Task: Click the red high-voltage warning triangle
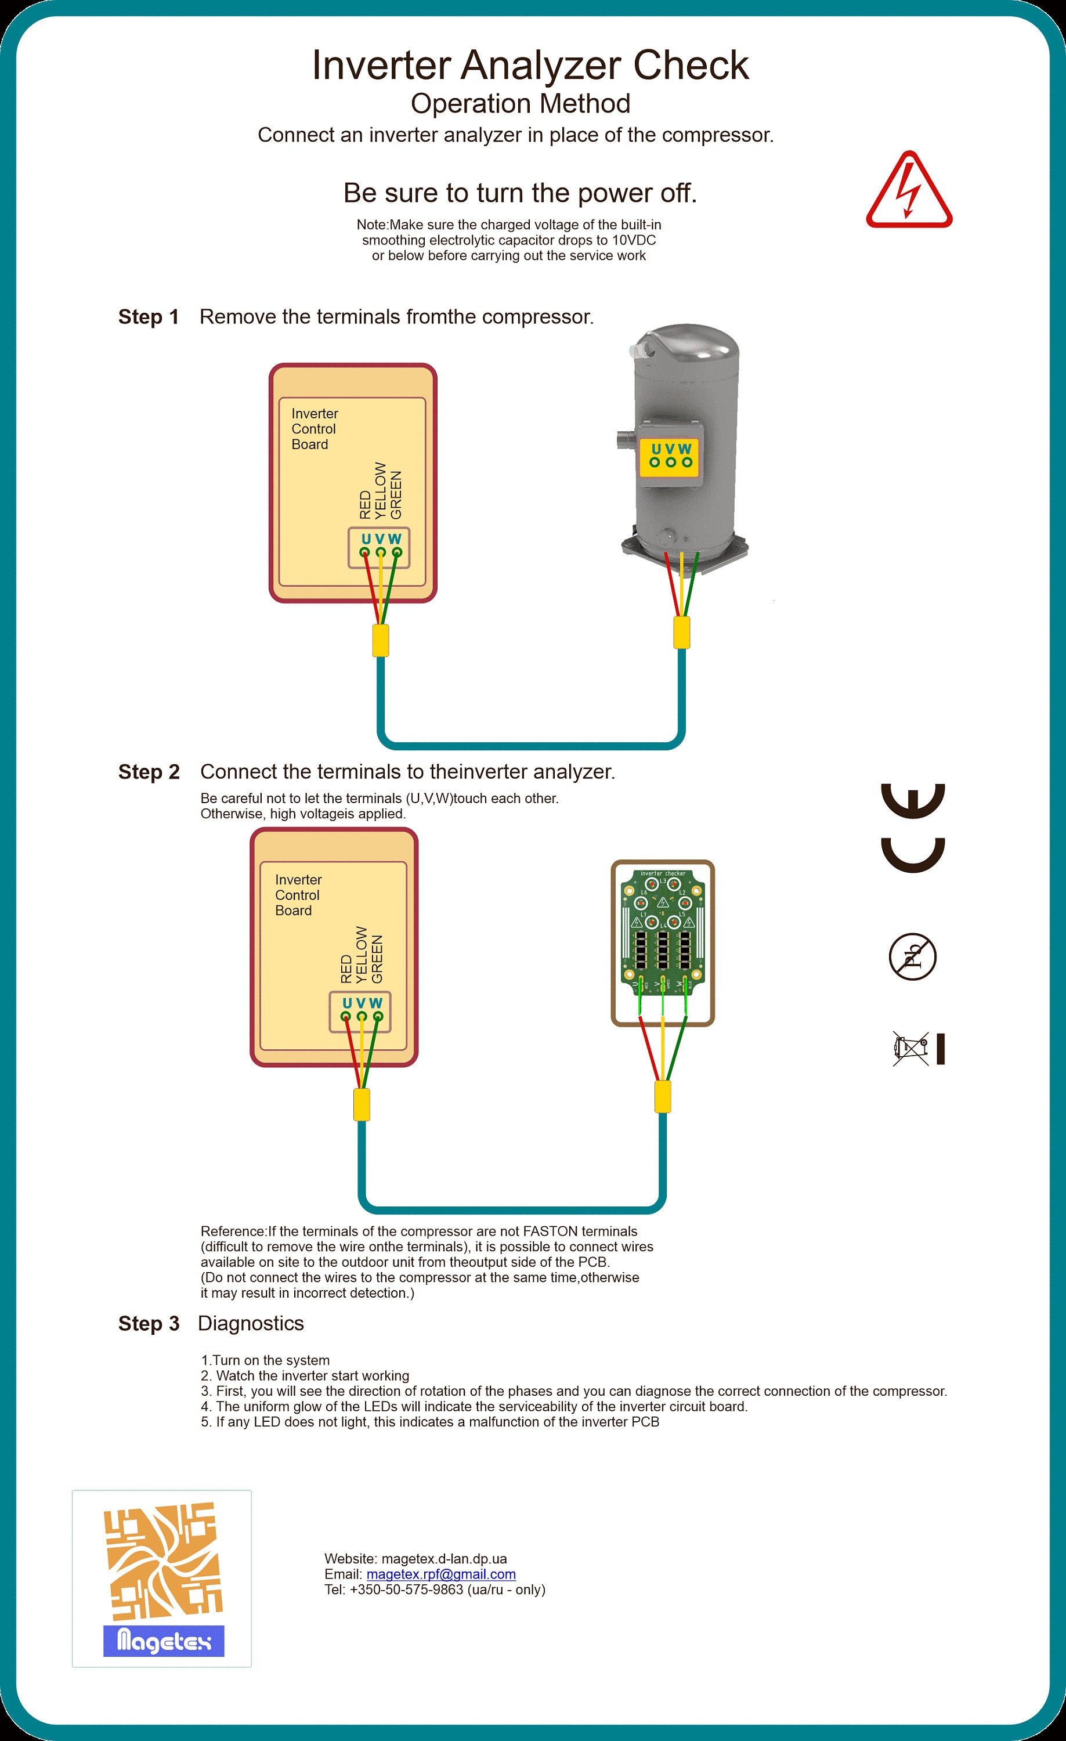909,192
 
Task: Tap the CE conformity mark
913,828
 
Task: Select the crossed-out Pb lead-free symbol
912,958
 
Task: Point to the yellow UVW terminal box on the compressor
670,456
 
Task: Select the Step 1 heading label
149,317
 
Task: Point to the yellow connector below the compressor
681,633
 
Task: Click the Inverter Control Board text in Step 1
315,429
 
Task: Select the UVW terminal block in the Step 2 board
360,1012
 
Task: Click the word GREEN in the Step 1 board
396,494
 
